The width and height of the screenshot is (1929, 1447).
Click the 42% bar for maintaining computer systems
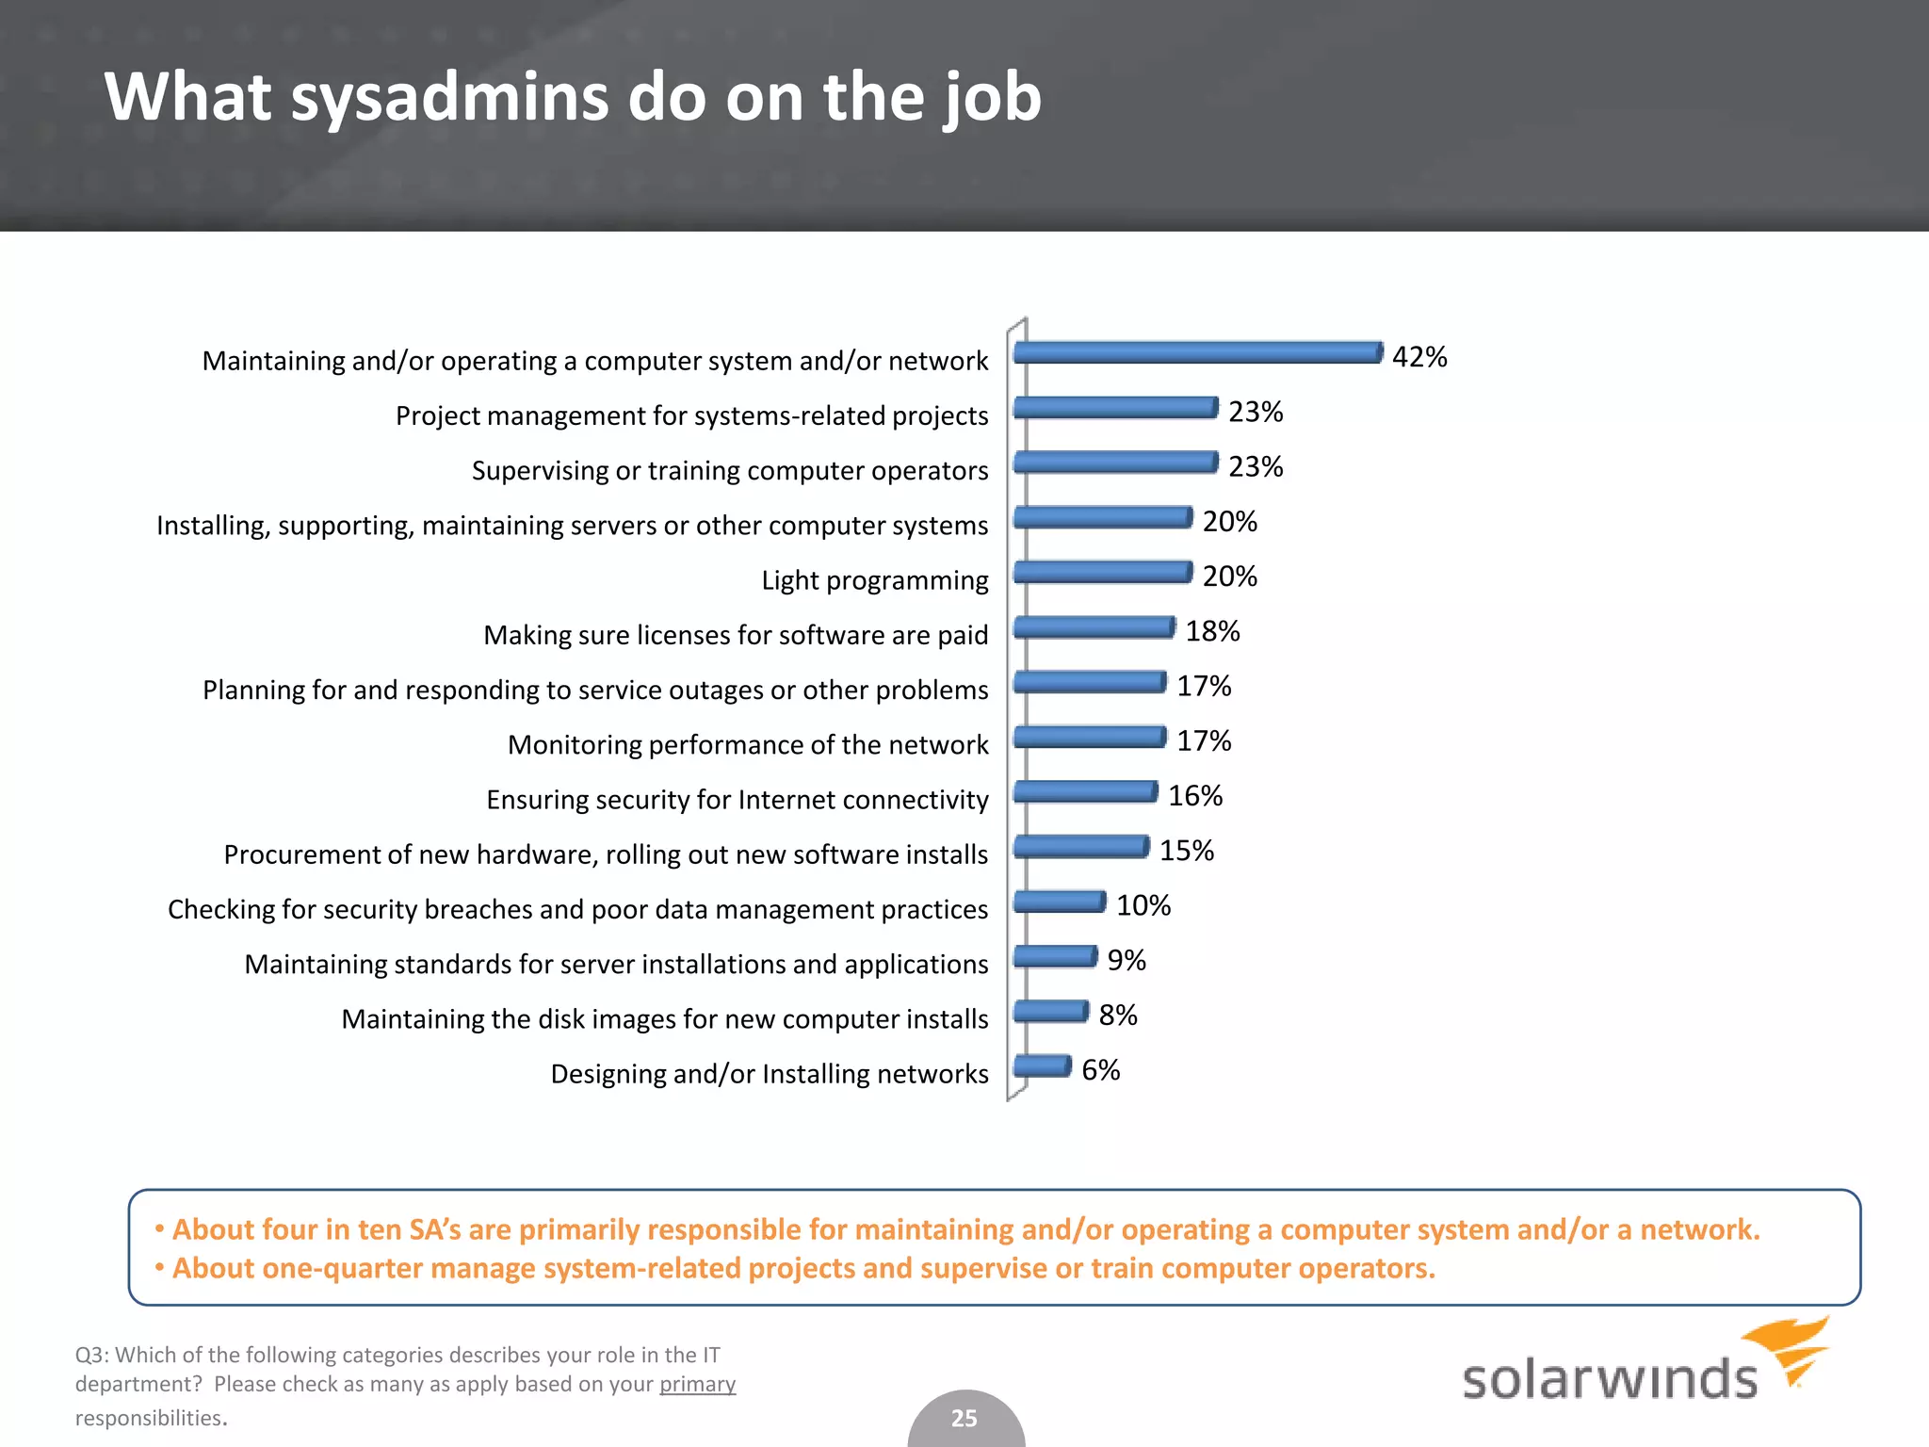point(1198,352)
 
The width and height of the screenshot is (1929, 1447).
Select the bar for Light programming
point(1103,572)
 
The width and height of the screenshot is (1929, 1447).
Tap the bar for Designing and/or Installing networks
point(1043,1065)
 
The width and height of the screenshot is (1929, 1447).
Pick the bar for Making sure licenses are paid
point(1094,626)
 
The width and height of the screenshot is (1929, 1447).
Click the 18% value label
point(1212,631)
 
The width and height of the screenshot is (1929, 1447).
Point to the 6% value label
point(1100,1070)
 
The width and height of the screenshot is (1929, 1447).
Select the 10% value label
point(1143,905)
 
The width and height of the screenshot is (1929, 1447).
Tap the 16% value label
point(1195,796)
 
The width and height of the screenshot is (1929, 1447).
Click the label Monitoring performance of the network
point(748,745)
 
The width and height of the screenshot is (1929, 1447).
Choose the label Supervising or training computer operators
point(730,470)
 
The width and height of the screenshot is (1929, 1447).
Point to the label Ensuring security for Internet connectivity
point(738,800)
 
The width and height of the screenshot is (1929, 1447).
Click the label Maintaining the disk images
point(665,1019)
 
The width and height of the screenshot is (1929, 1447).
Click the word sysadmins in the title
point(450,97)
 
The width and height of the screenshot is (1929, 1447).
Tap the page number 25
point(964,1418)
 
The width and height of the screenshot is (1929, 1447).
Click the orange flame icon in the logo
point(1790,1347)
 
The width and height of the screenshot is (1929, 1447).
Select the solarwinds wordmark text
point(1609,1379)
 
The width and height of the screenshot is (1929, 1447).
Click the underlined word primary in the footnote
point(697,1384)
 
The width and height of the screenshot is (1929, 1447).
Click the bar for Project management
point(1116,407)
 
